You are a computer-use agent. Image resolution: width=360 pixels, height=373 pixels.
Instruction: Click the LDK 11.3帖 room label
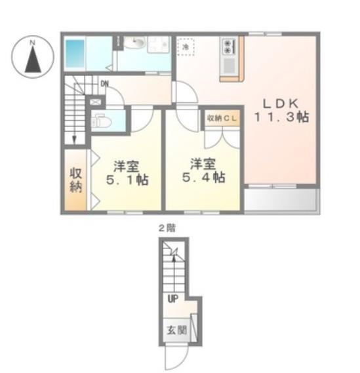pos(281,110)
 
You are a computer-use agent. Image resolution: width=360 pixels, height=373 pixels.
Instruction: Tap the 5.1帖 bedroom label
pos(127,173)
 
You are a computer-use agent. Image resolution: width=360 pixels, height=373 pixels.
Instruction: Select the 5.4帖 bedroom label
pos(203,170)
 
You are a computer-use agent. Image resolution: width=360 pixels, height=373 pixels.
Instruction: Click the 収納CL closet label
pos(222,118)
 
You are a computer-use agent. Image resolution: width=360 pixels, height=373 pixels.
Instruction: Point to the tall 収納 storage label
pos(75,180)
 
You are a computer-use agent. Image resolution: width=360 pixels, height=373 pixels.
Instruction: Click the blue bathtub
pos(75,54)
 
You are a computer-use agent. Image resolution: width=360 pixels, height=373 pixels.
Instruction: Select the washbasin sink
pos(135,43)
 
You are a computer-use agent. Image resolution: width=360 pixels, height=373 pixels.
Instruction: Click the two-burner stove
pos(228,47)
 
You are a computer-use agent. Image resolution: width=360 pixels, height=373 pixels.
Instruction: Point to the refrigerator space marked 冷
pos(186,47)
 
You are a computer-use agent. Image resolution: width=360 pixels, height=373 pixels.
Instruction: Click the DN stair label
pos(105,83)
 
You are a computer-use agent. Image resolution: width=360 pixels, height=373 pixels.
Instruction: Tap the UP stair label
pos(172,298)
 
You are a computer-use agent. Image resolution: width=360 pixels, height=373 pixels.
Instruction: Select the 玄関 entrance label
pos(176,330)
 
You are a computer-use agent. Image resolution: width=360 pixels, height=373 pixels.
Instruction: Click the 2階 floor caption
pos(167,228)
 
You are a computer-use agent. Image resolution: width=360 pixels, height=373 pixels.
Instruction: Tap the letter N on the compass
pos(33,43)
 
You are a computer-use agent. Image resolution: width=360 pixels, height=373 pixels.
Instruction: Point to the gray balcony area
pos(282,199)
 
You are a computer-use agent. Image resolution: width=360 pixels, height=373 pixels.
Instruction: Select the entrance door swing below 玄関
pos(176,357)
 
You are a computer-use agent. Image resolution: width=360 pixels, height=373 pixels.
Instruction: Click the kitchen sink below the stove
pos(229,65)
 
